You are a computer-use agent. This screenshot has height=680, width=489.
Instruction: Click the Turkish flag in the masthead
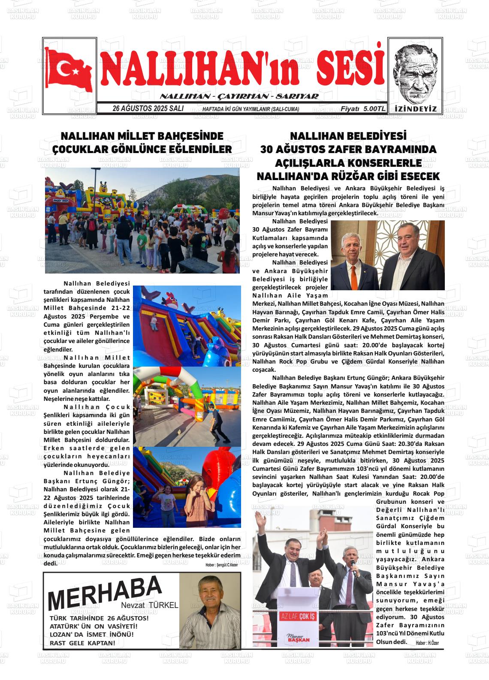[x=69, y=70]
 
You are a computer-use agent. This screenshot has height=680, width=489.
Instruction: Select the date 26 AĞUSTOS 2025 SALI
[x=148, y=109]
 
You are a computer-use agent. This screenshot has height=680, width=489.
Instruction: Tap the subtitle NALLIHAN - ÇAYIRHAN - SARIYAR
[x=239, y=96]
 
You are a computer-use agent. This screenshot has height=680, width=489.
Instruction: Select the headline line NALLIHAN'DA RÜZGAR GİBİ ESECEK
[x=348, y=176]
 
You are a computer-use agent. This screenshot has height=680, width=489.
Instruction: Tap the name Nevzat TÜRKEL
[x=149, y=605]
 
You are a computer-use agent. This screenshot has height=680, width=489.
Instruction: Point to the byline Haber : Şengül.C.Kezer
[x=221, y=565]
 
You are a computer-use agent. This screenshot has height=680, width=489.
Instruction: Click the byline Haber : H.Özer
[x=427, y=643]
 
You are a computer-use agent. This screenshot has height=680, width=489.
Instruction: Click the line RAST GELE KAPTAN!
[x=83, y=643]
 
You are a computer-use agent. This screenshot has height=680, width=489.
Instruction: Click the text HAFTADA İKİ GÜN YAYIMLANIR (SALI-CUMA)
[x=251, y=109]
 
